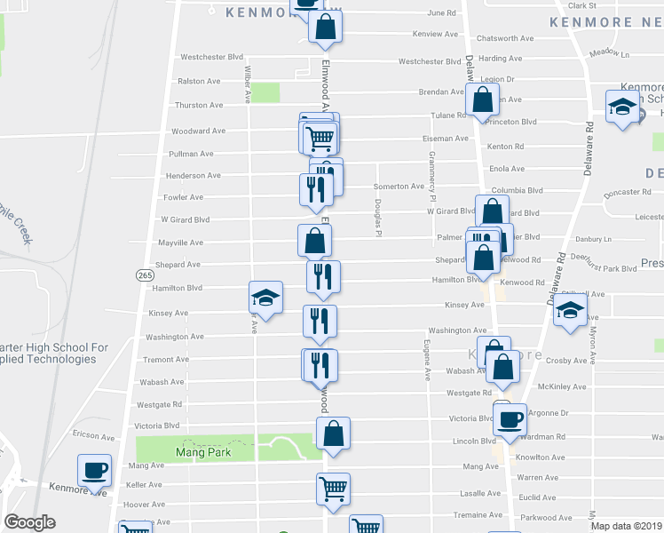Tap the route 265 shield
[x=146, y=275]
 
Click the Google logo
[x=29, y=522]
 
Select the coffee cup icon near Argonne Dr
[x=510, y=420]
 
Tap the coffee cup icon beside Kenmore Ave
[x=94, y=470]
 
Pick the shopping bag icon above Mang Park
[x=333, y=434]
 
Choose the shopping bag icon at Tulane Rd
[x=482, y=103]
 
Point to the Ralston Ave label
[x=199, y=81]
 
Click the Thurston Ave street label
[x=198, y=105]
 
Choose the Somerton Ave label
[x=399, y=187]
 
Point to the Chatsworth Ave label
[x=504, y=38]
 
